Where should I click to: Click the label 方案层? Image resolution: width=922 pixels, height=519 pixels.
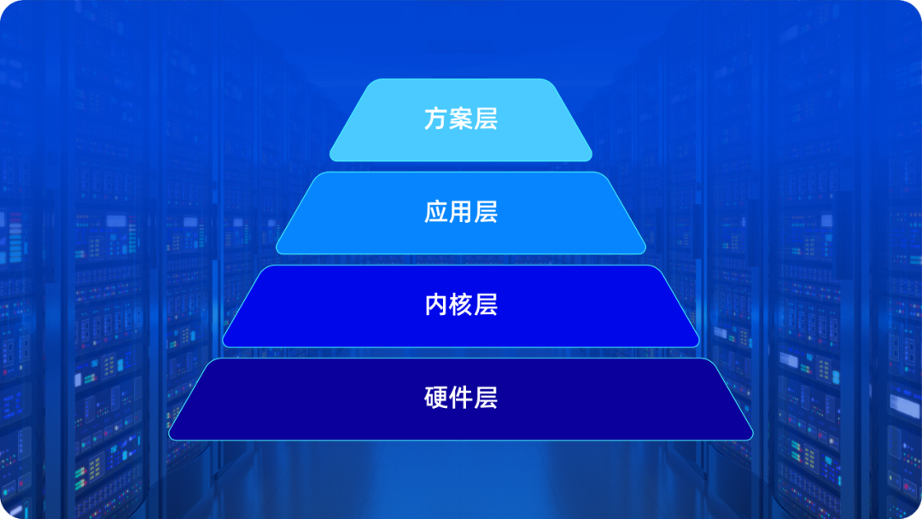click(x=461, y=119)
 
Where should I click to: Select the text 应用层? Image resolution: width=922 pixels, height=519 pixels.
click(x=461, y=212)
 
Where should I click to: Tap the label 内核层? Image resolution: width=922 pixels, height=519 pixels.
click(x=461, y=305)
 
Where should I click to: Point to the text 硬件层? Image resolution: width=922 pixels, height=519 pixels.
click(x=461, y=398)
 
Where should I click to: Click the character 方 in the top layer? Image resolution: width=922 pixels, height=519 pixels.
click(x=436, y=119)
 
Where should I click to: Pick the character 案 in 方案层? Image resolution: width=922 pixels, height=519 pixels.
click(x=461, y=119)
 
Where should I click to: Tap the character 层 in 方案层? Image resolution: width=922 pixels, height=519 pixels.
click(x=486, y=119)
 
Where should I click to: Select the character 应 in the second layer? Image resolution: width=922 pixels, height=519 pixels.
click(x=436, y=212)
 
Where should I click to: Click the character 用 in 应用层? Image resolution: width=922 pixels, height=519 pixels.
click(x=461, y=212)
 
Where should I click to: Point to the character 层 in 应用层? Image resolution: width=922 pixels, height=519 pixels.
click(x=486, y=212)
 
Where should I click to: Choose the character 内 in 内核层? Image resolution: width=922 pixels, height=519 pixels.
click(x=436, y=305)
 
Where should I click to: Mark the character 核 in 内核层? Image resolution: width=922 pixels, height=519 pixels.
click(x=461, y=305)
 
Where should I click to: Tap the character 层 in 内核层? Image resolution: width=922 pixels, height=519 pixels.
click(x=486, y=305)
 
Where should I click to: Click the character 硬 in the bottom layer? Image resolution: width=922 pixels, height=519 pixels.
click(x=436, y=398)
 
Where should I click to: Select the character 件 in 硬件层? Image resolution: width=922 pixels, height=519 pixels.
click(x=461, y=398)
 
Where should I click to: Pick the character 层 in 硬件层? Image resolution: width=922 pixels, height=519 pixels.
click(x=486, y=398)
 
